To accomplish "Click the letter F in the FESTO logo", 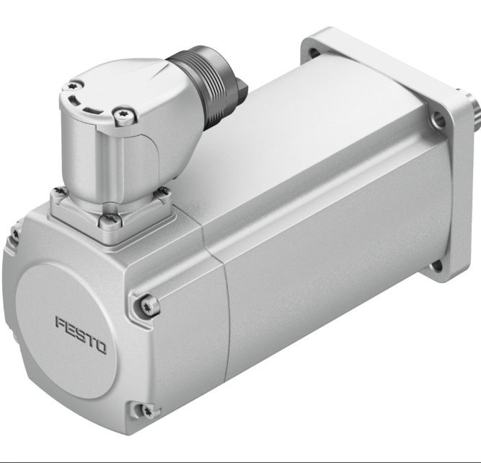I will click(61, 321).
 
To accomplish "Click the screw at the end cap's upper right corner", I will click(146, 306).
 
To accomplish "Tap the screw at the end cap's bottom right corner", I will click(147, 410).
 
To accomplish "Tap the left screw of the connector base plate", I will click(58, 191).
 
